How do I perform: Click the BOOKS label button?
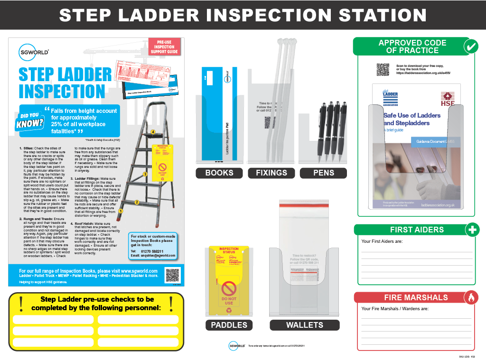coord(219,173)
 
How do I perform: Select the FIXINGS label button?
coord(271,173)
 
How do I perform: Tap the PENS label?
coord(323,173)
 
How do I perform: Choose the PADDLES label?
coord(229,325)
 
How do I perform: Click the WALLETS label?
coord(305,325)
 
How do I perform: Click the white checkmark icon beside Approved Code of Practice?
coord(471,46)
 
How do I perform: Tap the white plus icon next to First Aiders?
coord(471,230)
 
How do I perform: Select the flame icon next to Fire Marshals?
coord(471,297)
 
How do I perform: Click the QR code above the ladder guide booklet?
coord(383,70)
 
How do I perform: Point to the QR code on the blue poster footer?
coord(172,275)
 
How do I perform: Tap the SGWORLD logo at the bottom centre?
coord(236,346)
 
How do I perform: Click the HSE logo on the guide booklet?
coord(448,99)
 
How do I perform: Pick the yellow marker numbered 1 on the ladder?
coord(121,211)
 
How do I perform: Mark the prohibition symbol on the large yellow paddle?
coord(229,288)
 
